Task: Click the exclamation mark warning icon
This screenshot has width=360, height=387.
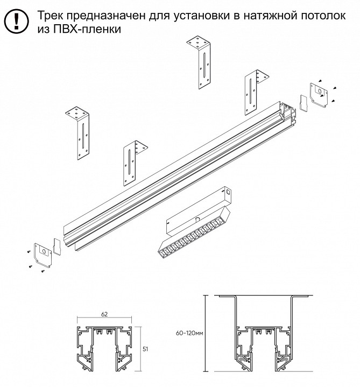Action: click(17, 21)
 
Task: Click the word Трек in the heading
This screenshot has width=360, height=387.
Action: click(53, 16)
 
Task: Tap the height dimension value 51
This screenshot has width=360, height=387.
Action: click(145, 349)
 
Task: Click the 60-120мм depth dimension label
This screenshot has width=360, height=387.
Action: click(189, 334)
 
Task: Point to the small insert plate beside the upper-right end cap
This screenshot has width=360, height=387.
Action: click(302, 102)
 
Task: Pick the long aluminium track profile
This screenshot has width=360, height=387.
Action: click(178, 172)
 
